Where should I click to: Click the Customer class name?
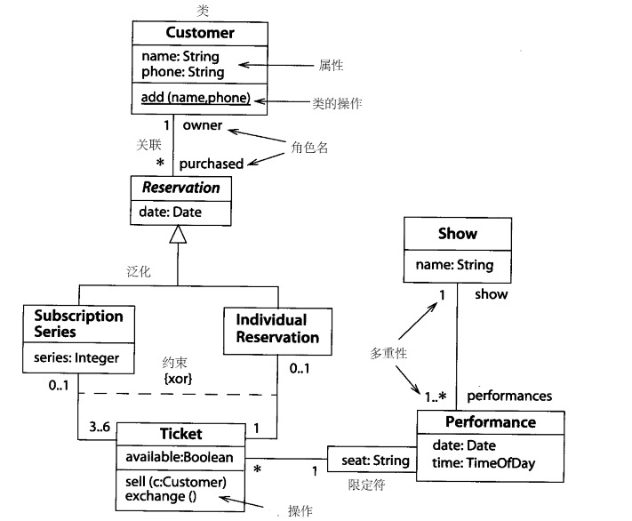[200, 34]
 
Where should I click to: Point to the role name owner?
[203, 125]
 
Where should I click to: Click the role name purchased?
[211, 164]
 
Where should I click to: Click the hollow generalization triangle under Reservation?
[179, 234]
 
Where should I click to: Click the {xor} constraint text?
[178, 378]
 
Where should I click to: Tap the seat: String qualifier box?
[375, 461]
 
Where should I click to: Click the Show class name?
[457, 235]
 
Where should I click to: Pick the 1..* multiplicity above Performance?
[436, 396]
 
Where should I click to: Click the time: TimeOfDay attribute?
[489, 463]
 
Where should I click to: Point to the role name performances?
[508, 396]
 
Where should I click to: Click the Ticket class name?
[180, 434]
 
